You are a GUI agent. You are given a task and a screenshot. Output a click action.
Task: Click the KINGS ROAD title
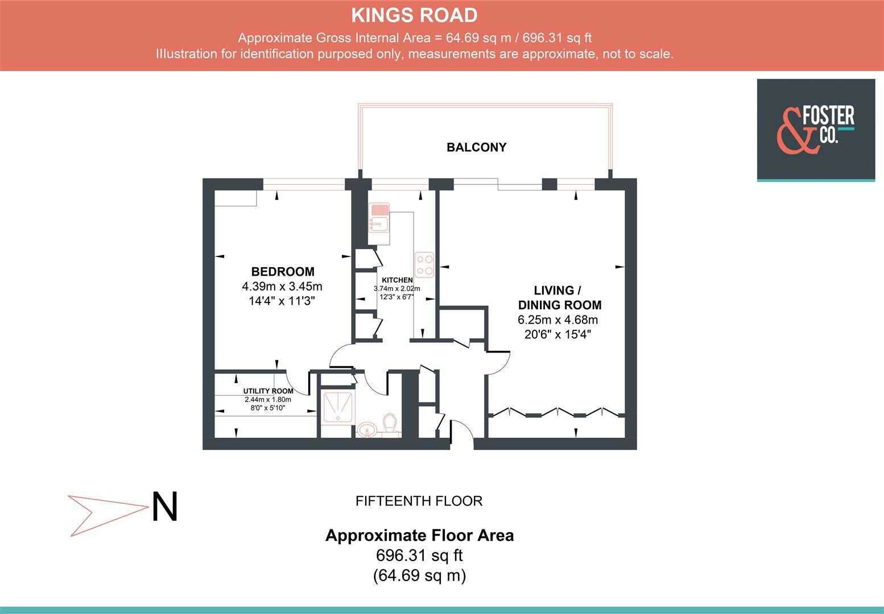click(414, 15)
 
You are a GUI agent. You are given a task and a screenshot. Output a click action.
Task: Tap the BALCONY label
click(476, 147)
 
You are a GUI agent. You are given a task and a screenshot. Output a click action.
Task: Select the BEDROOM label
click(283, 272)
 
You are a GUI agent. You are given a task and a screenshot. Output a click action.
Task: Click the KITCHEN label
click(397, 280)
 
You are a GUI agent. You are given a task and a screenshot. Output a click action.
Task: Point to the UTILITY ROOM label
click(268, 391)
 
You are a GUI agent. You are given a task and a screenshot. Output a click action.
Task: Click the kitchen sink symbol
click(378, 218)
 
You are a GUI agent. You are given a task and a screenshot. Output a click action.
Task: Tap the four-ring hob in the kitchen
click(424, 264)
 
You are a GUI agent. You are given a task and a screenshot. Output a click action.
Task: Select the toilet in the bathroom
click(390, 424)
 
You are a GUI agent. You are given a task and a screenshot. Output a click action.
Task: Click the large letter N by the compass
click(164, 507)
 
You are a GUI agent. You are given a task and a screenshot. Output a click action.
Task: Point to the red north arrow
click(105, 515)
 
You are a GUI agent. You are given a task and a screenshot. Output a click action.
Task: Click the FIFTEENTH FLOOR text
click(419, 501)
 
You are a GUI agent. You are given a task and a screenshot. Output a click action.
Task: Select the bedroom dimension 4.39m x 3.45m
click(282, 286)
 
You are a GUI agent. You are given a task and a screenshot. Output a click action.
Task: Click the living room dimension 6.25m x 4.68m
click(557, 320)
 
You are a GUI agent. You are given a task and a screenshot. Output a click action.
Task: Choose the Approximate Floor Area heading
click(419, 536)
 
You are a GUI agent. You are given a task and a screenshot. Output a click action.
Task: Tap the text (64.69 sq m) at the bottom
click(419, 575)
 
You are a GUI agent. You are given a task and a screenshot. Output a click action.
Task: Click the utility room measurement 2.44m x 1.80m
click(268, 400)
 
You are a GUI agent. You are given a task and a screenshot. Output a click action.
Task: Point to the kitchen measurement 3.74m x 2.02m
click(397, 289)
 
